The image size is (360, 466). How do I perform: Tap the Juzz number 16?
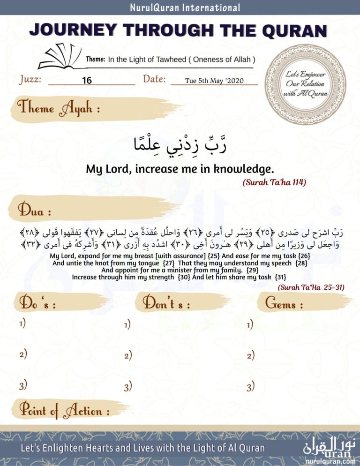87,81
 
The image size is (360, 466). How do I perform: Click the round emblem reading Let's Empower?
307,84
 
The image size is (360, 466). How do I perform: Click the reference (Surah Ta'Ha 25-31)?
311,288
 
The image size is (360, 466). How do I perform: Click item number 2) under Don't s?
127,356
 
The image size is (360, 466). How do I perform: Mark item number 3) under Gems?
250,387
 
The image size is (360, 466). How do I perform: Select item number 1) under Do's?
22,323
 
